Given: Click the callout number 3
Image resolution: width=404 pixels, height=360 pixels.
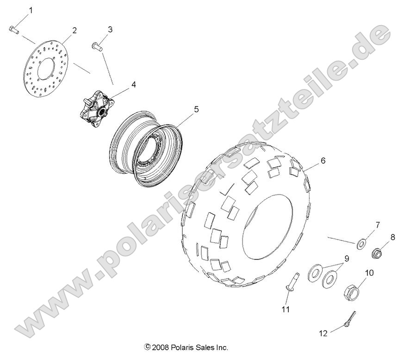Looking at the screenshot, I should [x=110, y=30].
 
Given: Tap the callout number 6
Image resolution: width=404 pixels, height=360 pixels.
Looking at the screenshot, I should [x=323, y=161].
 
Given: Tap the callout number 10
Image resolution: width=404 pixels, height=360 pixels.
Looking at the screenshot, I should [x=369, y=273].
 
